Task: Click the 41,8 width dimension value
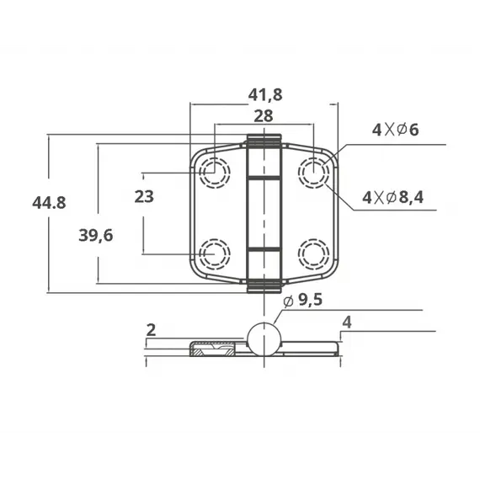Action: [265, 95]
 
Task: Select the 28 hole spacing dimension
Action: [264, 116]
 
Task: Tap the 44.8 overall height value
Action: [49, 203]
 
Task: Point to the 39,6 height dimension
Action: [96, 236]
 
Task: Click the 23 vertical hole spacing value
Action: [144, 196]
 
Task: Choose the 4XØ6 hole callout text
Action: [395, 130]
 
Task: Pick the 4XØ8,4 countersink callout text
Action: [392, 197]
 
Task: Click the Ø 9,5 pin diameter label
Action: [302, 300]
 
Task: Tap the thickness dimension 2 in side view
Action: [152, 330]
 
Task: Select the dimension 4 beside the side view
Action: [347, 323]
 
